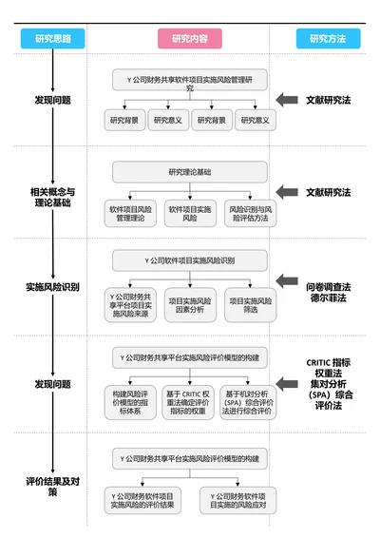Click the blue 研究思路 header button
tap(52, 39)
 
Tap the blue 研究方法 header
tap(327, 39)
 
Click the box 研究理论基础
tap(190, 172)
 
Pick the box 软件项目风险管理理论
tap(130, 213)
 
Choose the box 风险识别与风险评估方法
tap(249, 213)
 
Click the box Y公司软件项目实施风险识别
tap(190, 259)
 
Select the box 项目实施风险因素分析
tap(190, 303)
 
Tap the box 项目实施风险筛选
tap(250, 303)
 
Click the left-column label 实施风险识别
tap(52, 285)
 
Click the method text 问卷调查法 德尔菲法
tap(328, 291)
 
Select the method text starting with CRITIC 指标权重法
tap(328, 383)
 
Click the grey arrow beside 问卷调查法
tap(288, 279)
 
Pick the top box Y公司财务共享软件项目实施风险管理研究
tap(190, 82)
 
